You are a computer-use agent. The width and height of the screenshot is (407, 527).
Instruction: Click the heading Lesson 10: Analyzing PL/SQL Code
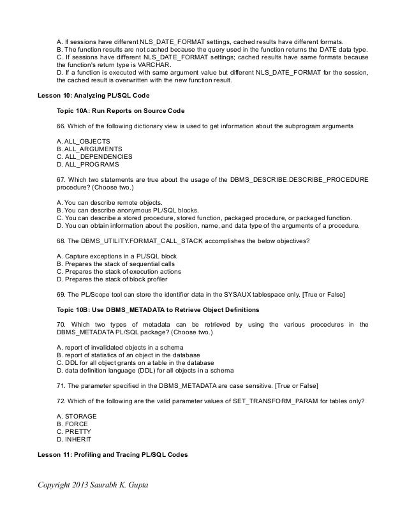94,96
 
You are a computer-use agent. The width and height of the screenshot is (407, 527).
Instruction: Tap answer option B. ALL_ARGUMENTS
90,148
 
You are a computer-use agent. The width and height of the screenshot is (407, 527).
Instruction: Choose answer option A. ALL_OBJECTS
84,140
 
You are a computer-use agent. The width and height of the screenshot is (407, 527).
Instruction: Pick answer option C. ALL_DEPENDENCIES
94,156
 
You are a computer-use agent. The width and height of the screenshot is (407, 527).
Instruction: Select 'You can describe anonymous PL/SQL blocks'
128,209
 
